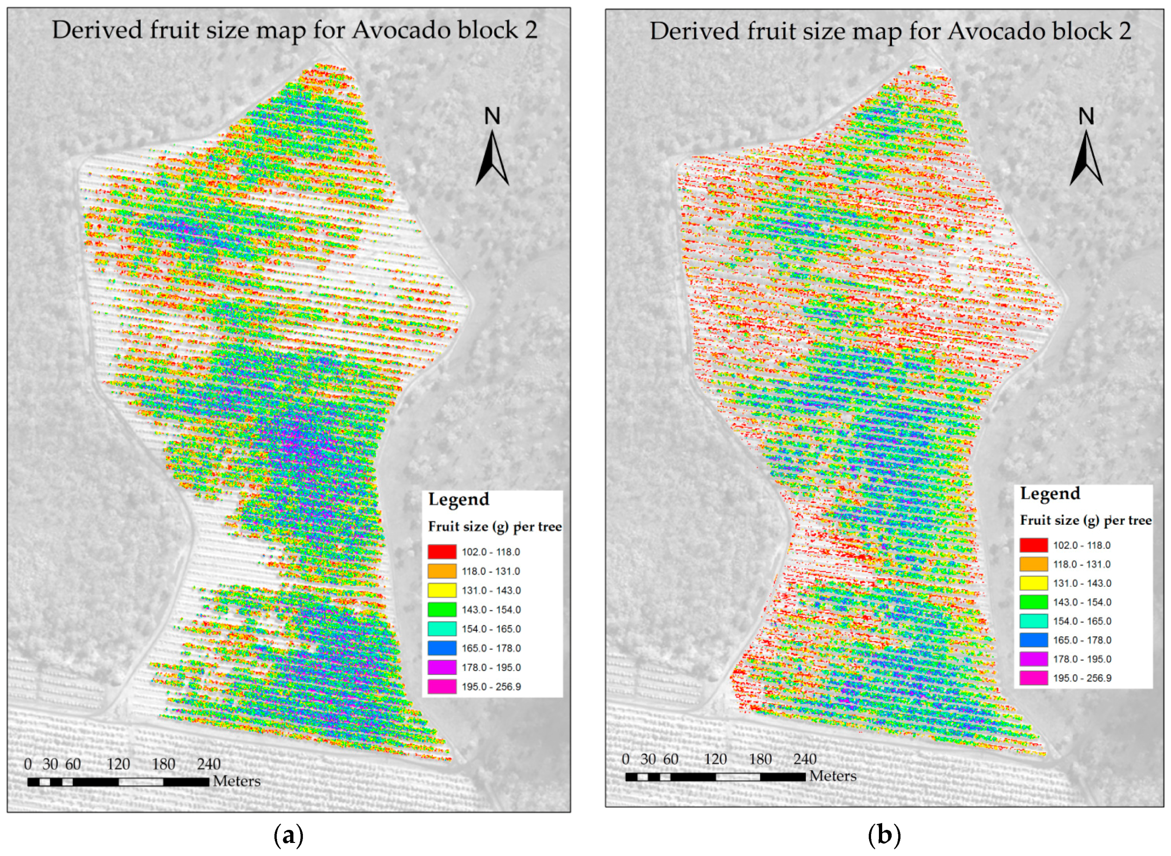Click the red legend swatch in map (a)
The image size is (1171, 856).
tap(442, 551)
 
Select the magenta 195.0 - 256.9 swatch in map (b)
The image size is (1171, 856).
tap(1033, 678)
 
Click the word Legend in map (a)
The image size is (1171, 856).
tap(458, 499)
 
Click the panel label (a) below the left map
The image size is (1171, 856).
tap(288, 835)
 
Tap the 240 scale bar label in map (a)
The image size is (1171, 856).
tap(208, 764)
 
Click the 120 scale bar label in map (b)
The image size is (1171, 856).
tap(715, 759)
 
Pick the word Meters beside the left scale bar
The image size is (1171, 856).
tap(237, 781)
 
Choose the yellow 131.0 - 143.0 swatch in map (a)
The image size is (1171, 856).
tap(442, 590)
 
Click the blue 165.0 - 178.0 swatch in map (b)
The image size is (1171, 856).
tap(1033, 640)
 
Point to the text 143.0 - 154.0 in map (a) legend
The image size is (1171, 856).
tap(491, 610)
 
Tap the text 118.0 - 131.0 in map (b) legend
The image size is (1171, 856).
tap(1082, 564)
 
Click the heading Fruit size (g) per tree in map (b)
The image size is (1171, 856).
tap(1085, 520)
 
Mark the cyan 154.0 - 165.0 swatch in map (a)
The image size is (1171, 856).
tap(442, 628)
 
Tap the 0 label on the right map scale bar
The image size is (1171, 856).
tap(625, 759)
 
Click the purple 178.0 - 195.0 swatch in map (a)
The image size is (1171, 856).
tap(442, 667)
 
